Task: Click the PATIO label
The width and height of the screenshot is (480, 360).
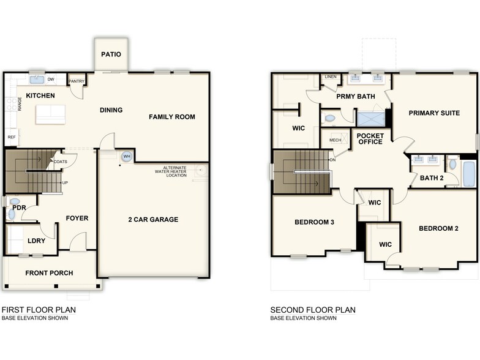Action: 111,54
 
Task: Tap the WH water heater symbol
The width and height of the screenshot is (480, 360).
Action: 127,157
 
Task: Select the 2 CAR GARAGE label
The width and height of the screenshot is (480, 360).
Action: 153,219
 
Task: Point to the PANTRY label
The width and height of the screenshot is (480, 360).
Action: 77,81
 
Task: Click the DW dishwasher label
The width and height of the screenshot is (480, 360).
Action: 51,80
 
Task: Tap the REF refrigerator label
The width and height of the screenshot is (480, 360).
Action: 11,137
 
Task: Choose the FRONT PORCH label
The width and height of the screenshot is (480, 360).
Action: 49,273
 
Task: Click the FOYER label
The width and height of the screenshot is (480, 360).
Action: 77,218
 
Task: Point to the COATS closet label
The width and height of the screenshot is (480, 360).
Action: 60,162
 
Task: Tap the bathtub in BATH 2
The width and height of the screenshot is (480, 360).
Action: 469,174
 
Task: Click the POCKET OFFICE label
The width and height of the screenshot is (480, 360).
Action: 369,138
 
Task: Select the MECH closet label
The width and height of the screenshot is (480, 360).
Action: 335,140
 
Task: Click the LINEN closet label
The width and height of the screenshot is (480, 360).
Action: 331,77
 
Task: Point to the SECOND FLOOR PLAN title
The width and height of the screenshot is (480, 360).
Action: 313,310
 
